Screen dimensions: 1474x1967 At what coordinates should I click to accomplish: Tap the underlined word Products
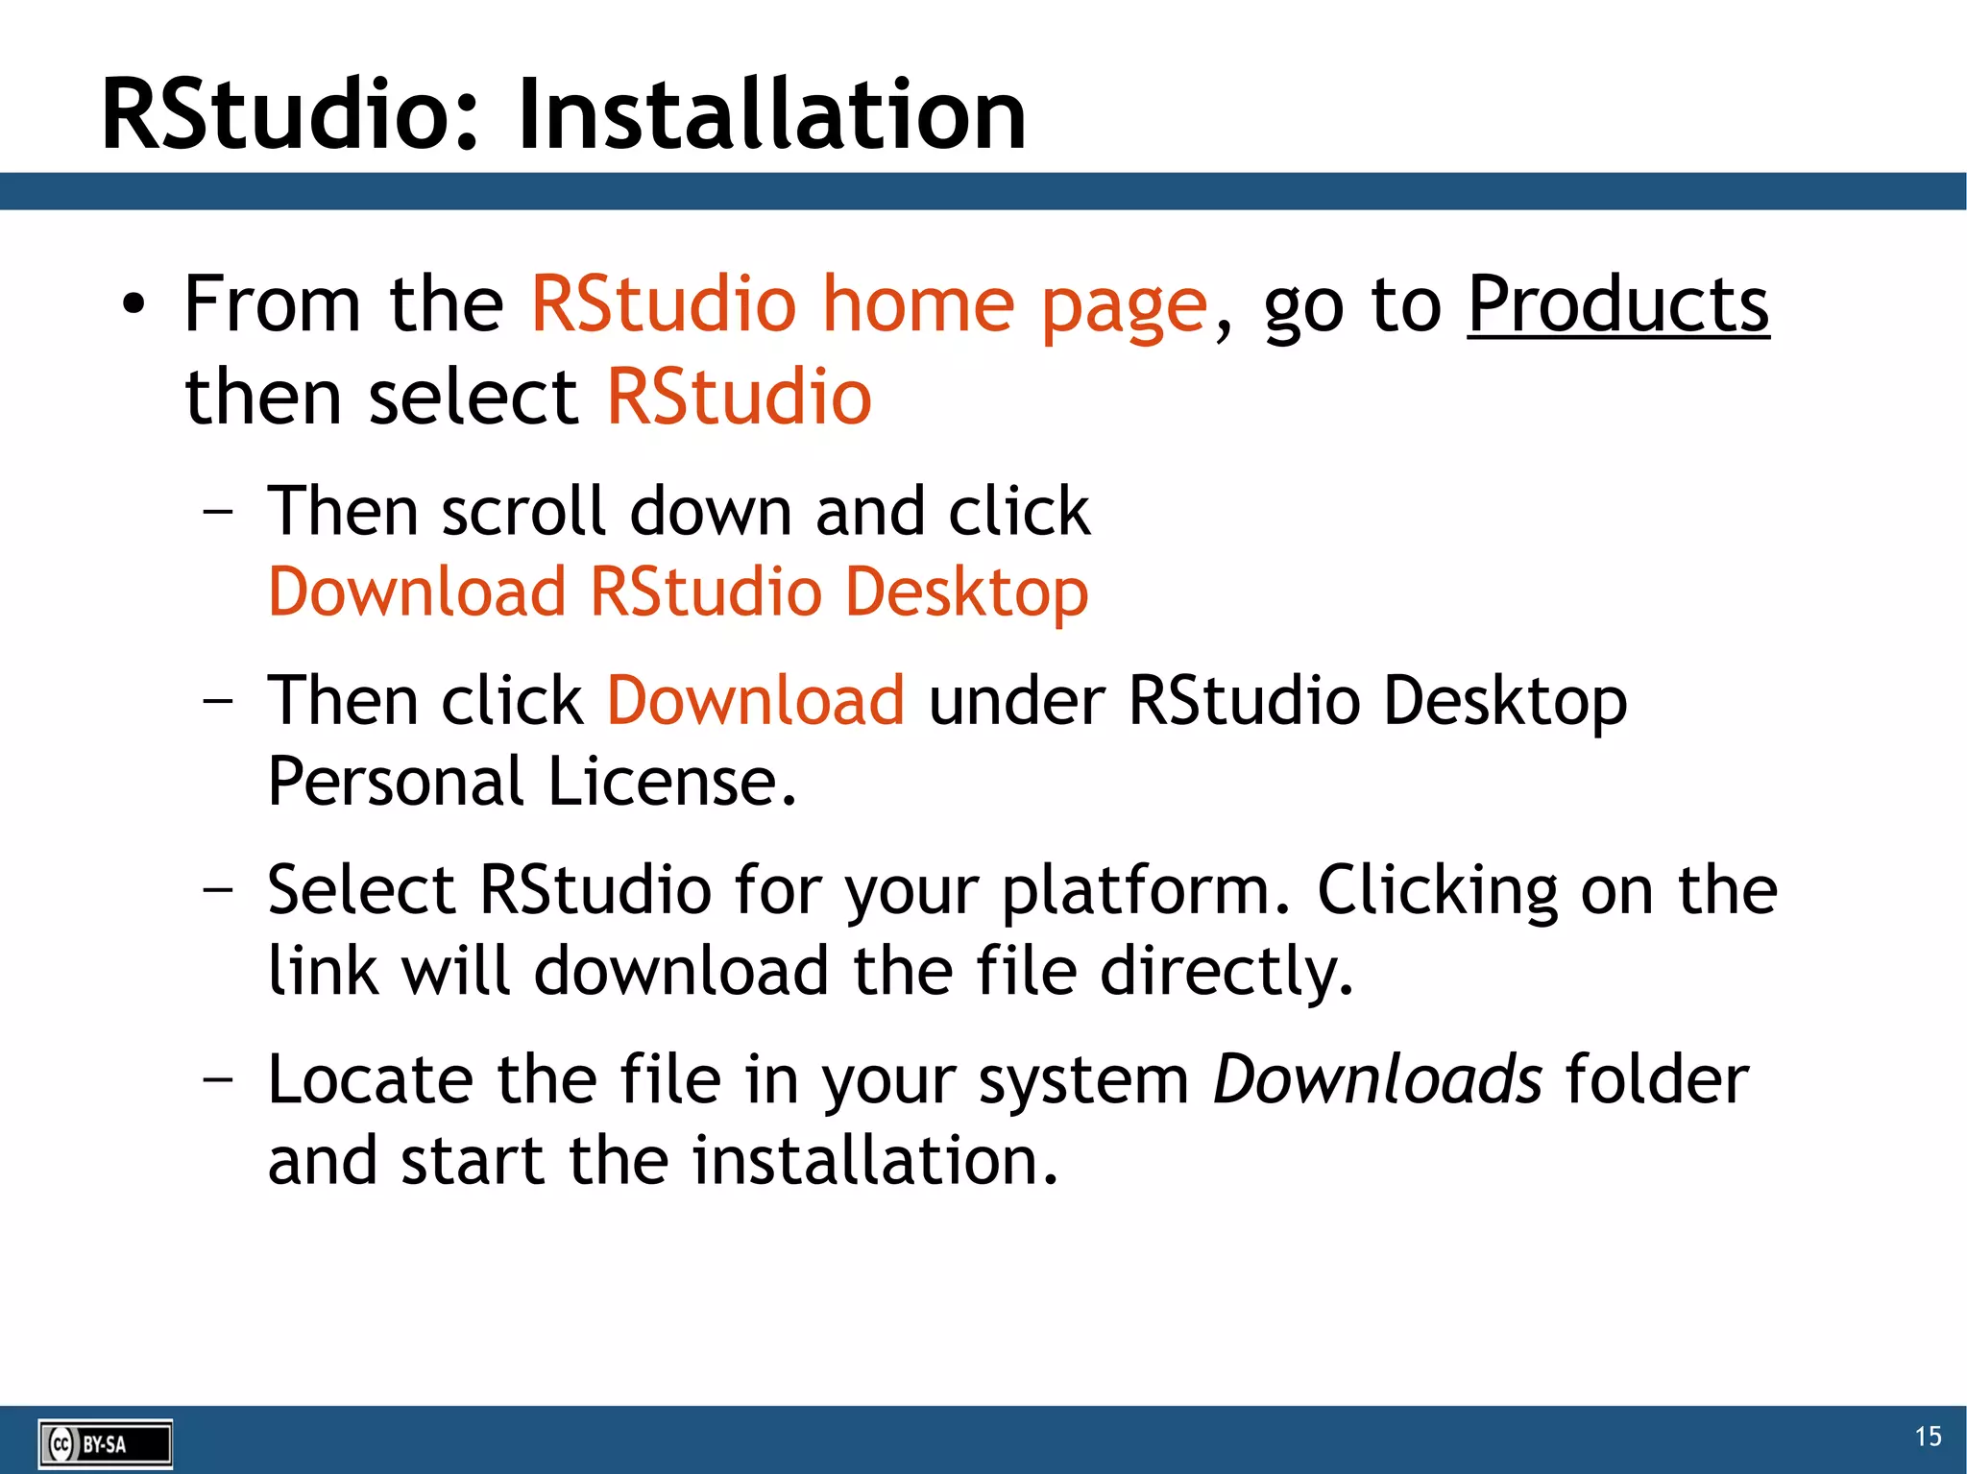pyautogui.click(x=1617, y=305)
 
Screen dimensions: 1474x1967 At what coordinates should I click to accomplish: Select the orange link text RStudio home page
pyautogui.click(x=868, y=305)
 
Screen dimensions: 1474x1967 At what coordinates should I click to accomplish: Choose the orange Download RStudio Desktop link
pyautogui.click(x=678, y=592)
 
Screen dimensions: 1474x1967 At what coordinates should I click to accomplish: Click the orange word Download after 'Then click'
pyautogui.click(x=755, y=700)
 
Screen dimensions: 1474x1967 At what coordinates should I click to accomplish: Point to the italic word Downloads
pyautogui.click(x=1377, y=1079)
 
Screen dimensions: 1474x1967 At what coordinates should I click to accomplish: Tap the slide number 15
pyautogui.click(x=1928, y=1437)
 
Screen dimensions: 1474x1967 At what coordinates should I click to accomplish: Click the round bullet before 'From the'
pyautogui.click(x=134, y=305)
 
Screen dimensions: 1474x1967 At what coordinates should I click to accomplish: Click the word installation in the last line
pyautogui.click(x=874, y=1161)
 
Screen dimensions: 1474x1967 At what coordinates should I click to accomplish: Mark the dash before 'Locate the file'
pyautogui.click(x=218, y=1077)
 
